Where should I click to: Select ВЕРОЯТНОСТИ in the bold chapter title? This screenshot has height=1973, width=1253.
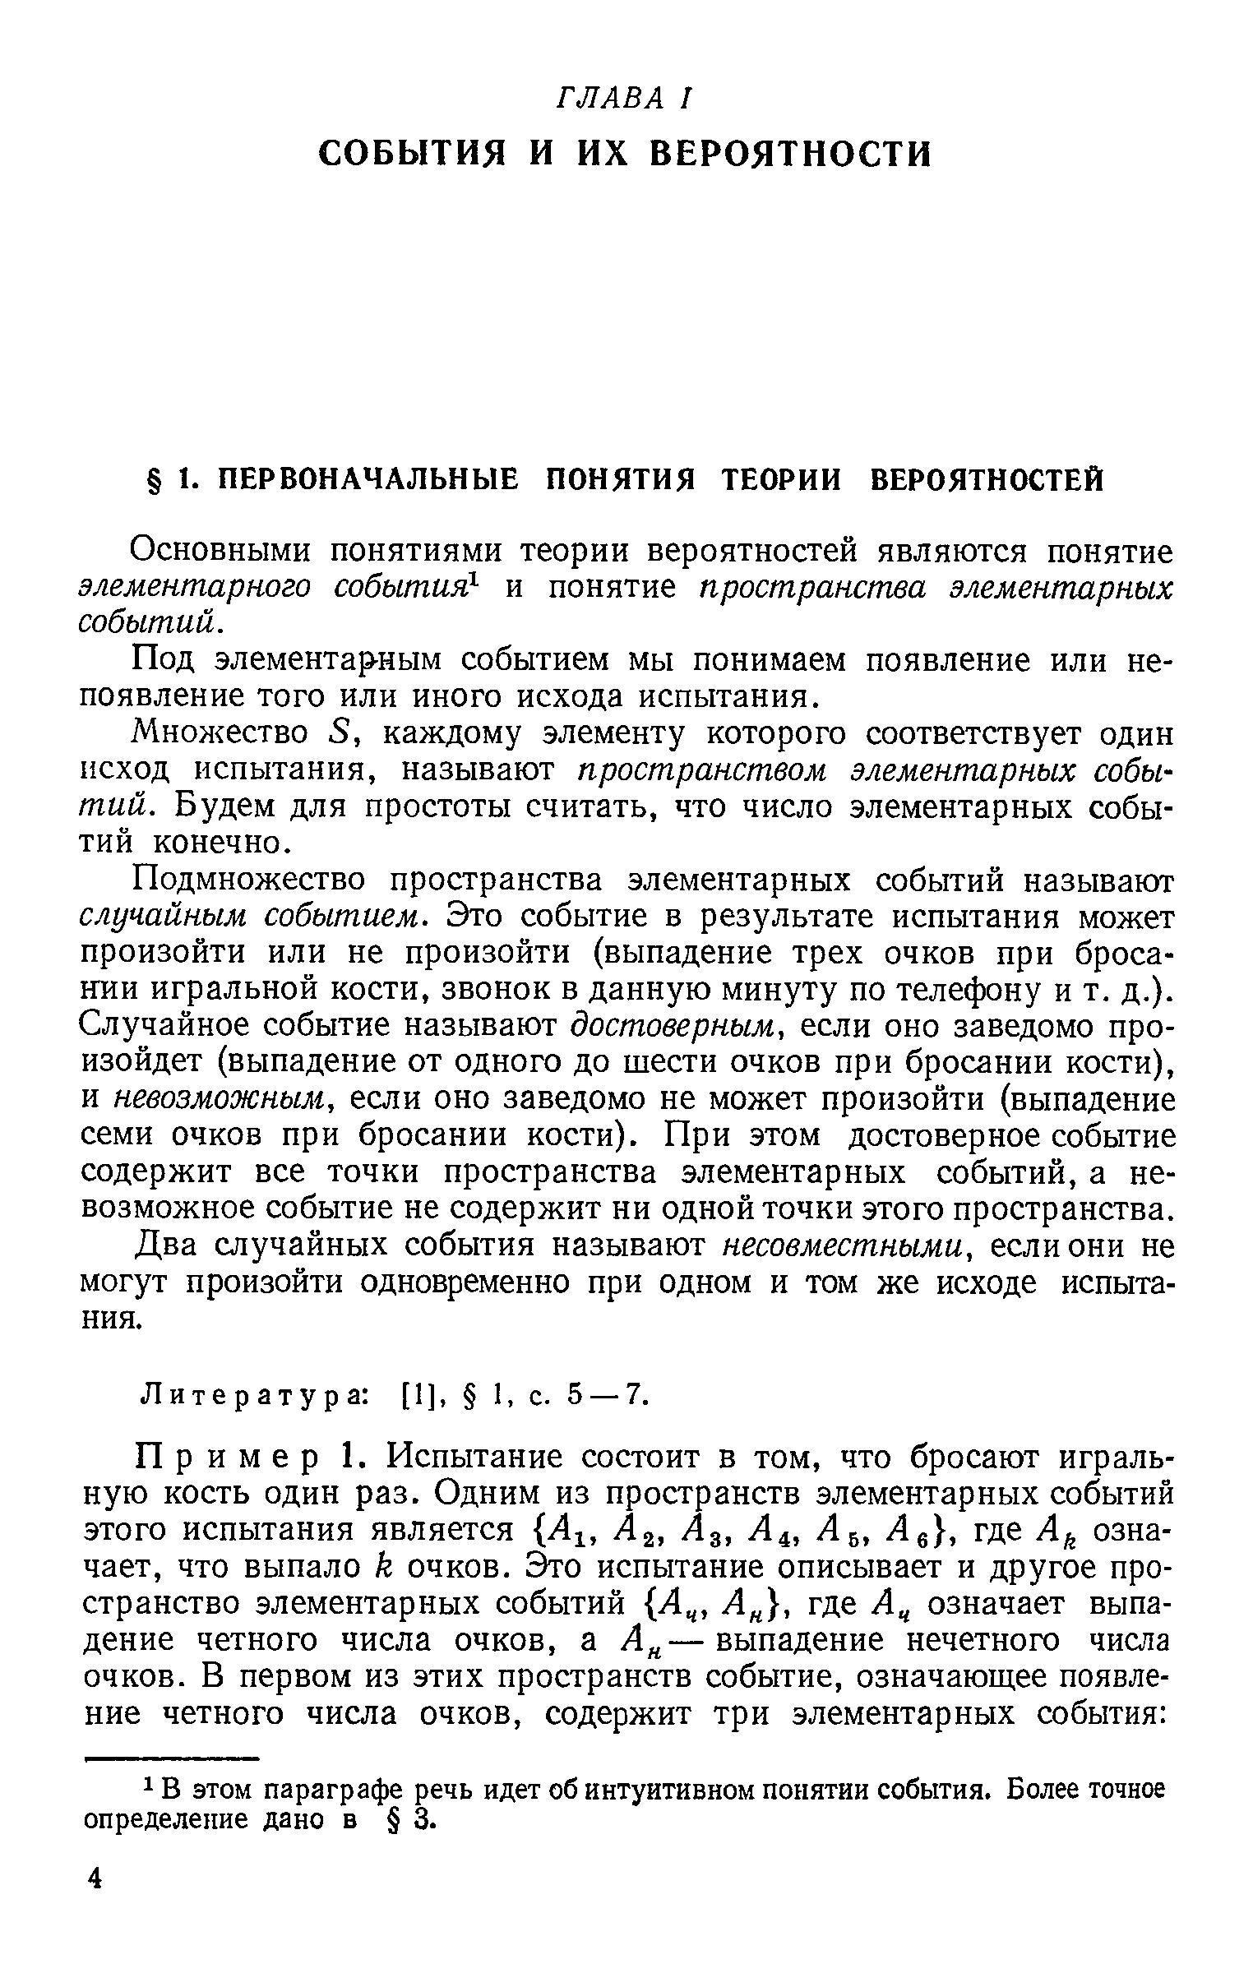pos(791,154)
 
